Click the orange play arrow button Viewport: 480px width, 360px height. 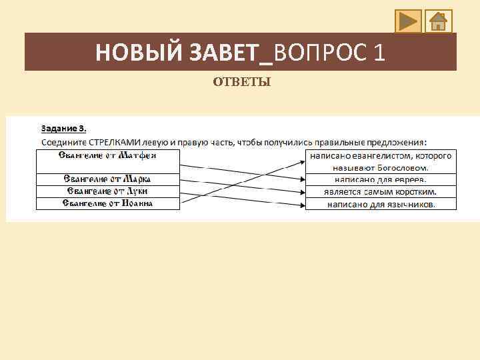[408, 21]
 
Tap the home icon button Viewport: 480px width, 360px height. [438, 21]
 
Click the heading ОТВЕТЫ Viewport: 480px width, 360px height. [241, 83]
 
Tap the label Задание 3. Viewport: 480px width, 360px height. [64, 128]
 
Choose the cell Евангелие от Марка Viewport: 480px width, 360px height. [107, 179]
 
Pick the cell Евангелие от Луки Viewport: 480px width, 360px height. [107, 191]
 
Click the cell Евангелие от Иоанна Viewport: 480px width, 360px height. [107, 203]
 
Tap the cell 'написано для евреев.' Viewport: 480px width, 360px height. [381, 179]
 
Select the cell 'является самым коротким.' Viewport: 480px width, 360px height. [381, 191]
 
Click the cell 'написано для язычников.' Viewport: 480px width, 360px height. [381, 204]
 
